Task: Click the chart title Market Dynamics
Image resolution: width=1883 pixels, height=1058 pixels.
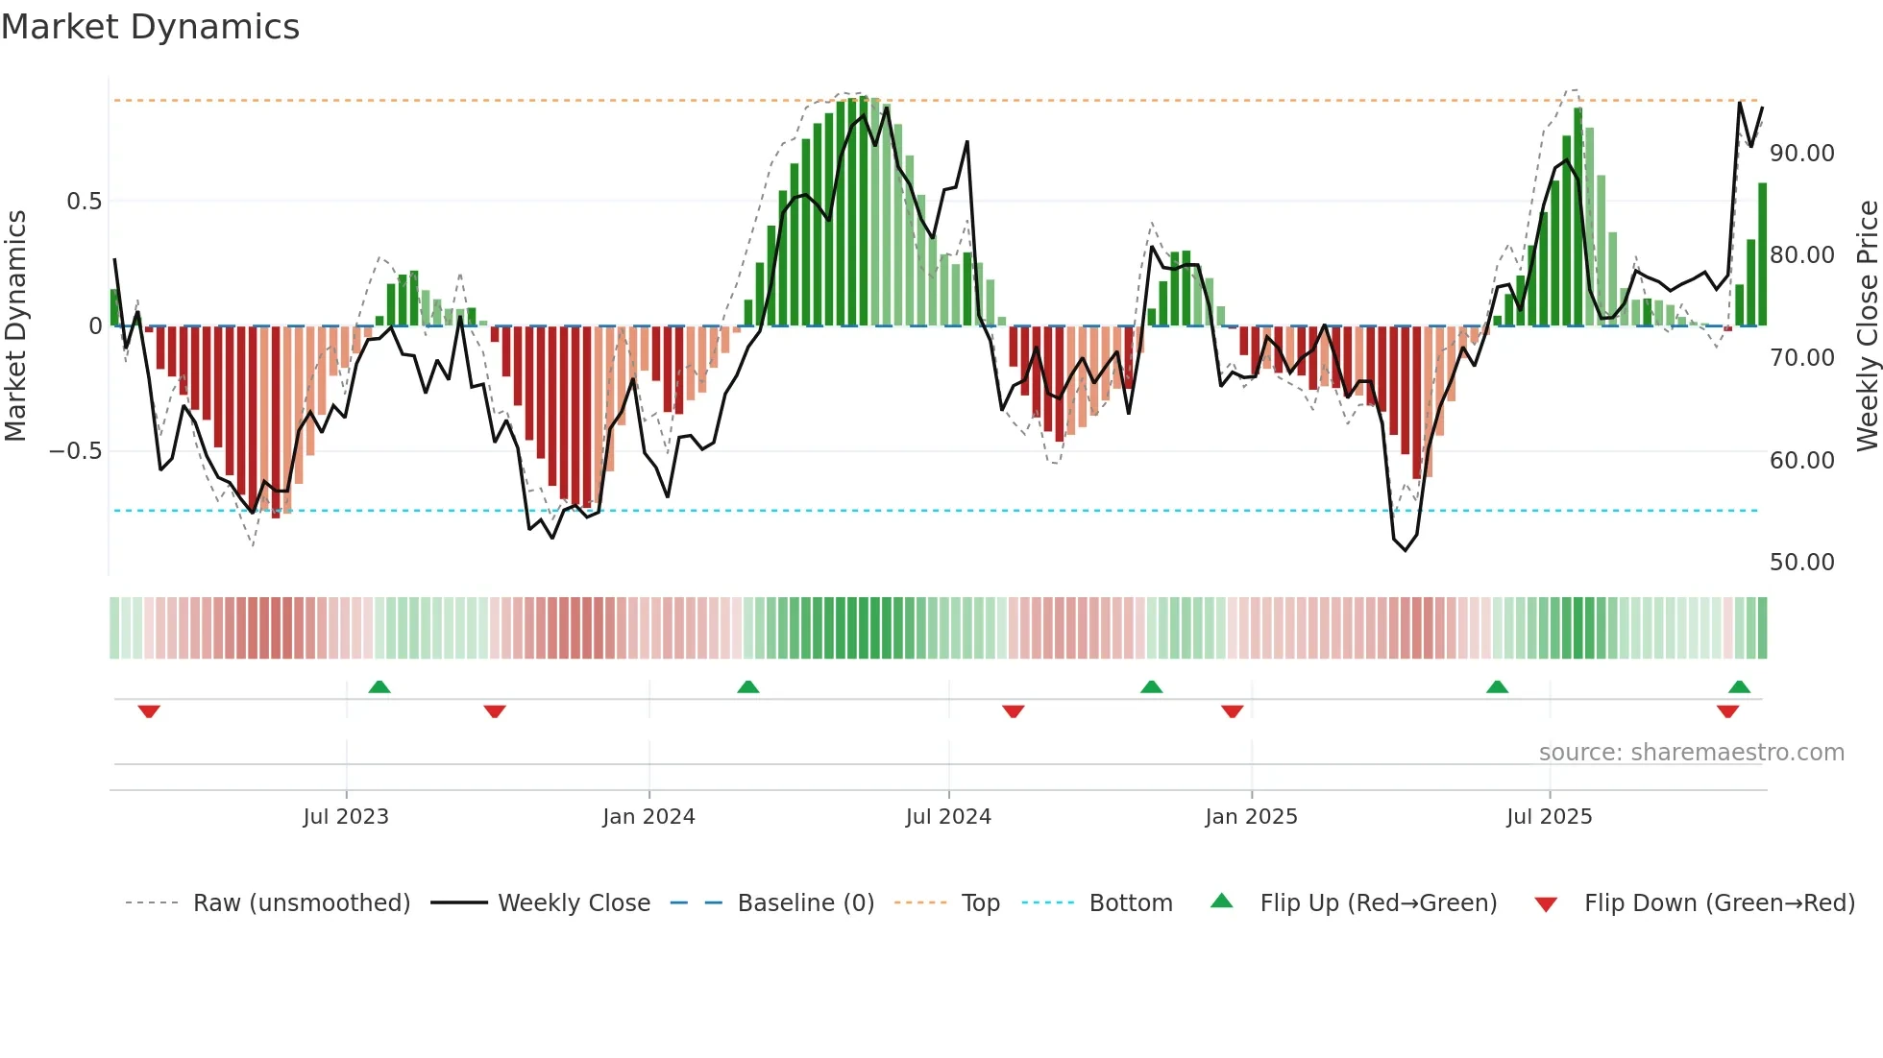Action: click(x=150, y=27)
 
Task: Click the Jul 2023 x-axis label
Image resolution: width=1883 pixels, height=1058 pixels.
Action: click(x=346, y=817)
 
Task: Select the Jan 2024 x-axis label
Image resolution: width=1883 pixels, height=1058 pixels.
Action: click(x=648, y=817)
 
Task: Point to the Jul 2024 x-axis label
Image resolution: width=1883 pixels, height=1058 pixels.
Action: click(x=948, y=817)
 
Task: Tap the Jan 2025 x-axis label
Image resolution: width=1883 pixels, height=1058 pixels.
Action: click(x=1251, y=817)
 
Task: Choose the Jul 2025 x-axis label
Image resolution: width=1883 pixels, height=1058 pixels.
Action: click(x=1549, y=817)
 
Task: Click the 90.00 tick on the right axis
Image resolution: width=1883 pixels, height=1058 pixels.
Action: click(x=1801, y=154)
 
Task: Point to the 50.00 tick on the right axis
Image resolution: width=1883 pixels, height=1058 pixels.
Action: click(x=1801, y=563)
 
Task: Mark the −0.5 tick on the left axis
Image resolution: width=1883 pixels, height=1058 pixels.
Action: click(x=76, y=451)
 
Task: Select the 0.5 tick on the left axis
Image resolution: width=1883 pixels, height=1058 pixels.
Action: click(x=85, y=202)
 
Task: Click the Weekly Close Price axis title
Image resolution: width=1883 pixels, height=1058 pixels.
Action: click(x=1867, y=325)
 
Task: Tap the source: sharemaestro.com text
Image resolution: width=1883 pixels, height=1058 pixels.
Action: click(x=1691, y=753)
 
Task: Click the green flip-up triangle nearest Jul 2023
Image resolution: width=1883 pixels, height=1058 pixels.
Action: click(x=379, y=686)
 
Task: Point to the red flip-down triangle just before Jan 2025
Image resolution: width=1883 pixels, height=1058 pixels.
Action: click(x=1233, y=711)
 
